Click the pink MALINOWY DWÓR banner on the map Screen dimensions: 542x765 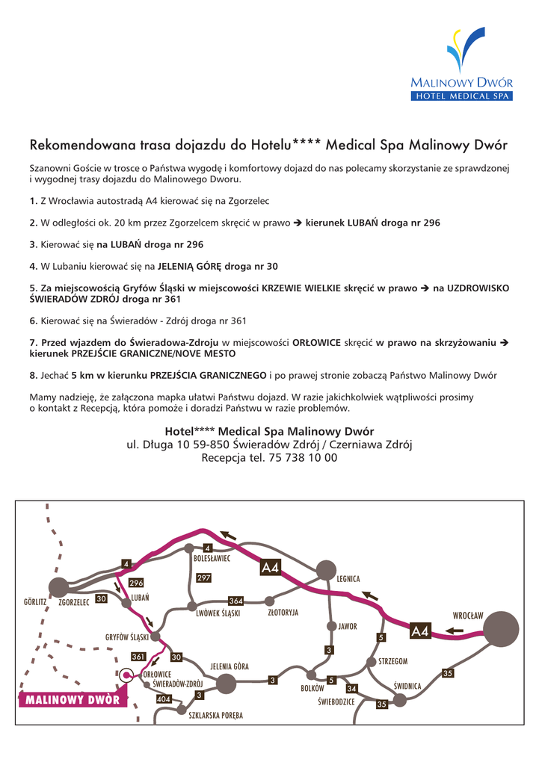[x=73, y=700]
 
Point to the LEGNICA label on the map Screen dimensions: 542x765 [x=348, y=579]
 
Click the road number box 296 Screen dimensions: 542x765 [x=136, y=583]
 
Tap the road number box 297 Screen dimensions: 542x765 [x=203, y=577]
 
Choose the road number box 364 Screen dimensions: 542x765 [x=235, y=601]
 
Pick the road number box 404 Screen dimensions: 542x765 [x=164, y=699]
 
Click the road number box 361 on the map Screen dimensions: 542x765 [x=138, y=657]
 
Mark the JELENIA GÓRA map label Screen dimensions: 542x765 [x=230, y=666]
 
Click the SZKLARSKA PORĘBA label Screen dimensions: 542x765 [x=216, y=715]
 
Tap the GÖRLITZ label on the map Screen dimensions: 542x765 [x=35, y=601]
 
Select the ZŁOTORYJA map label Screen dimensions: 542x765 [x=283, y=613]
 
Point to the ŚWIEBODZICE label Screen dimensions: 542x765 [x=336, y=701]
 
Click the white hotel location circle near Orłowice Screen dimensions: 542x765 [x=126, y=675]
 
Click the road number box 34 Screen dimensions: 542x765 [x=351, y=688]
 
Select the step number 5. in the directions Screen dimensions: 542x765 [x=33, y=288]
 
